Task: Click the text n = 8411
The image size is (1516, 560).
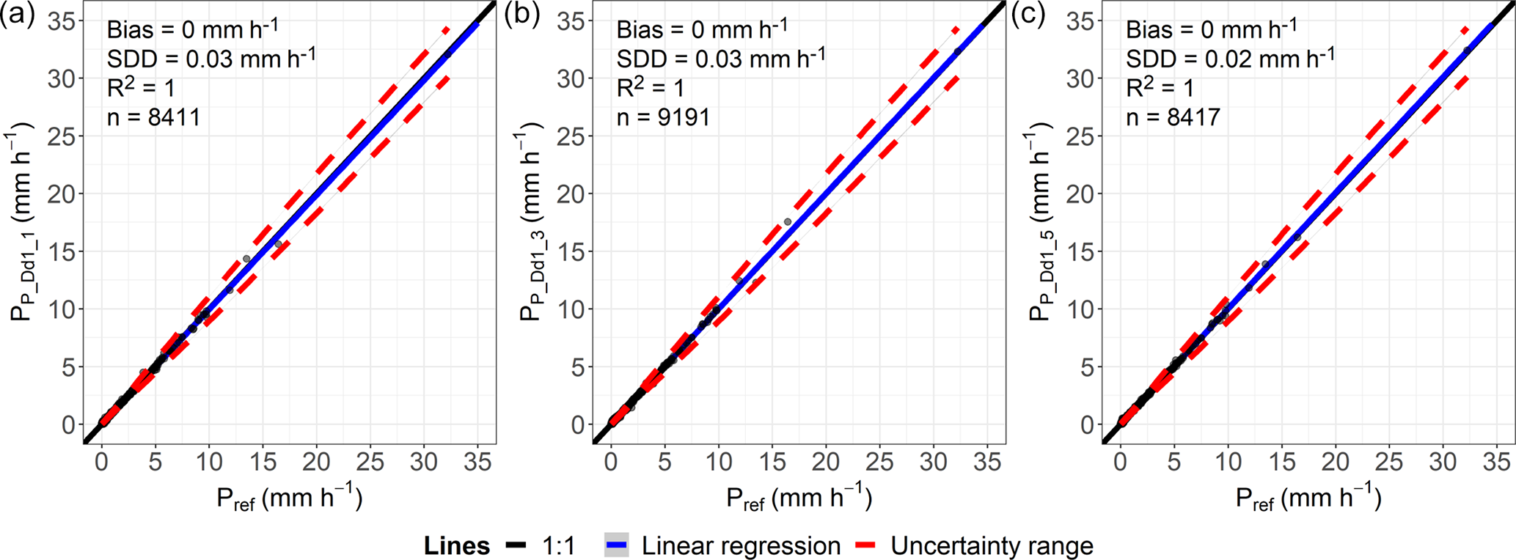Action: point(153,117)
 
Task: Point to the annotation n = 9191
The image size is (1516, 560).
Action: point(663,117)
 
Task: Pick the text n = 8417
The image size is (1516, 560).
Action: point(1173,117)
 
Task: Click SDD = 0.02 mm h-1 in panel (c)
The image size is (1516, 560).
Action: point(1230,58)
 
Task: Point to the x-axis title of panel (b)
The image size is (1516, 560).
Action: point(799,498)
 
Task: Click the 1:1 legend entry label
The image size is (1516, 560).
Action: point(559,546)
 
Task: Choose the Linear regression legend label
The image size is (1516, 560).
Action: point(741,546)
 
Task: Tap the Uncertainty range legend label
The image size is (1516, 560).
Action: point(992,546)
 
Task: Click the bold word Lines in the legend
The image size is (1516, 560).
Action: point(457,546)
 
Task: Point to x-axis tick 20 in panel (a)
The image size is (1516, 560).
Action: point(316,462)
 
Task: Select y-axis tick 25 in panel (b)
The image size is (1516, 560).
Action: point(571,136)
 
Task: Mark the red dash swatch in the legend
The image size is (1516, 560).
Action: point(868,546)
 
